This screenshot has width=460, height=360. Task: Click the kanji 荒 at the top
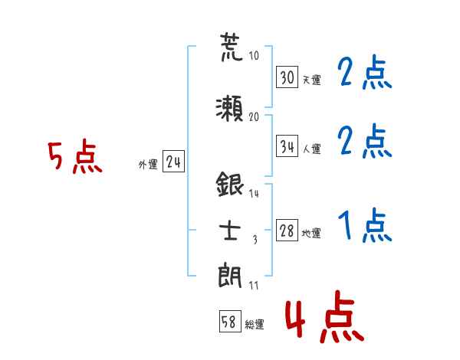coord(232,47)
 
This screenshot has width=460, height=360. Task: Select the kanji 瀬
coord(229,109)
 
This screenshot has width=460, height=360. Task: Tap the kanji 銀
coord(230,184)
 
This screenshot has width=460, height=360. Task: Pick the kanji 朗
coord(230,276)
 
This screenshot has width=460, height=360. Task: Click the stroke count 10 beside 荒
coord(254,55)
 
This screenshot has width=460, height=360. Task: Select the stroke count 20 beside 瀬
coord(254,116)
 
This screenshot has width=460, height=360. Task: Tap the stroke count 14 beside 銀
coord(254,194)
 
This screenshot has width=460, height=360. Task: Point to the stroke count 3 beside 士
coord(255,240)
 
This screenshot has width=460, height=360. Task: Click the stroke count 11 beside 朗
coord(254,286)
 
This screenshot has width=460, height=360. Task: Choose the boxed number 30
coord(287,77)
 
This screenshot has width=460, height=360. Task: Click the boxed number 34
coord(287,146)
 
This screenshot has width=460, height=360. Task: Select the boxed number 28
coord(287,230)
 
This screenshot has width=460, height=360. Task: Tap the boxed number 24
coord(174,162)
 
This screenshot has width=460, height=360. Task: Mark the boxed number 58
coord(230,322)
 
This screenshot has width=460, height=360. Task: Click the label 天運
coord(312,80)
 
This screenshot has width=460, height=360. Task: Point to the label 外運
coord(148,164)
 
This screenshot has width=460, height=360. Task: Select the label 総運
coord(255,325)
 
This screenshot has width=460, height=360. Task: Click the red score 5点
coord(75,156)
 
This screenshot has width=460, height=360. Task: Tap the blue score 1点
coord(365,225)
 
